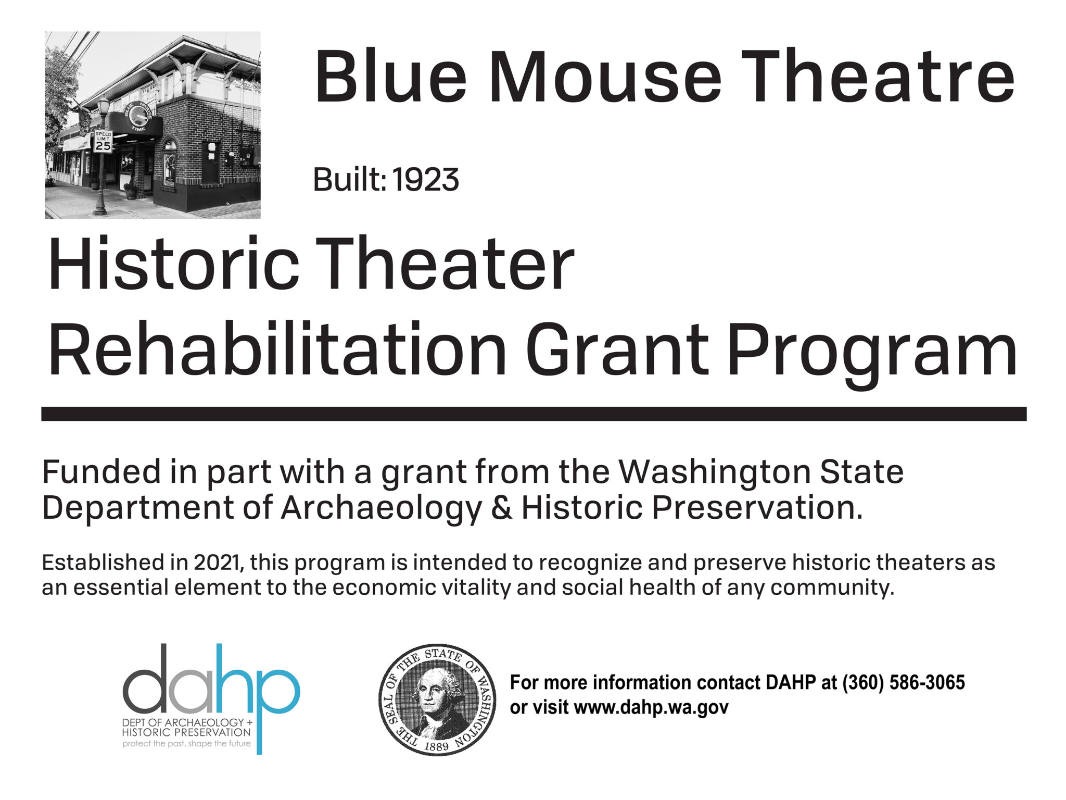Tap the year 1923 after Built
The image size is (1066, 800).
click(x=426, y=180)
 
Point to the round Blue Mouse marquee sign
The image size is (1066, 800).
click(x=137, y=116)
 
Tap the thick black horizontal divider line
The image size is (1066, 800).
click(x=534, y=414)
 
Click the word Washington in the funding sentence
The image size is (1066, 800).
click(x=715, y=472)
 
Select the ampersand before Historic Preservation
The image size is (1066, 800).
click(x=501, y=508)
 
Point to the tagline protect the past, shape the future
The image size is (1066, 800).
click(x=186, y=744)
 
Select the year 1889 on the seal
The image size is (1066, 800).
click(x=436, y=746)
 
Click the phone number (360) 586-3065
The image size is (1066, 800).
click(x=903, y=682)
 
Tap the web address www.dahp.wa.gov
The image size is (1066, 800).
click(x=651, y=707)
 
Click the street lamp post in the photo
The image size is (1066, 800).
click(x=101, y=167)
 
